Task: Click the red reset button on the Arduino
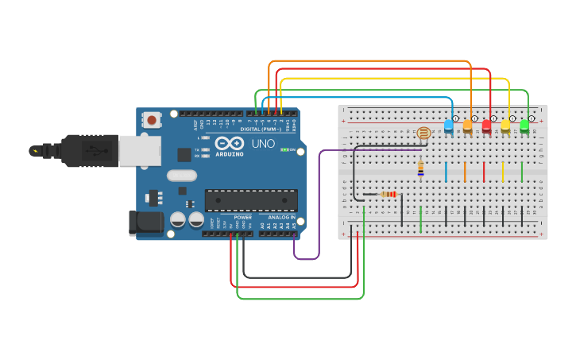(151, 120)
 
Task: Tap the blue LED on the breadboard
(448, 126)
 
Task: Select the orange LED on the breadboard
(467, 126)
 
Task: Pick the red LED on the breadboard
(486, 126)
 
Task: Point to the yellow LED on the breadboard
(505, 126)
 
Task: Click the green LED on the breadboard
(524, 126)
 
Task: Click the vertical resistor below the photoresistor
(420, 168)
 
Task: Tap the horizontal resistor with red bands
(389, 194)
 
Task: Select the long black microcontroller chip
(251, 200)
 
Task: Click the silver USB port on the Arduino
(139, 149)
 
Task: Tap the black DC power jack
(146, 223)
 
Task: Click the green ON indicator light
(284, 149)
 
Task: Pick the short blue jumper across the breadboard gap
(446, 171)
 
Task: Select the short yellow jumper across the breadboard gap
(503, 171)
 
